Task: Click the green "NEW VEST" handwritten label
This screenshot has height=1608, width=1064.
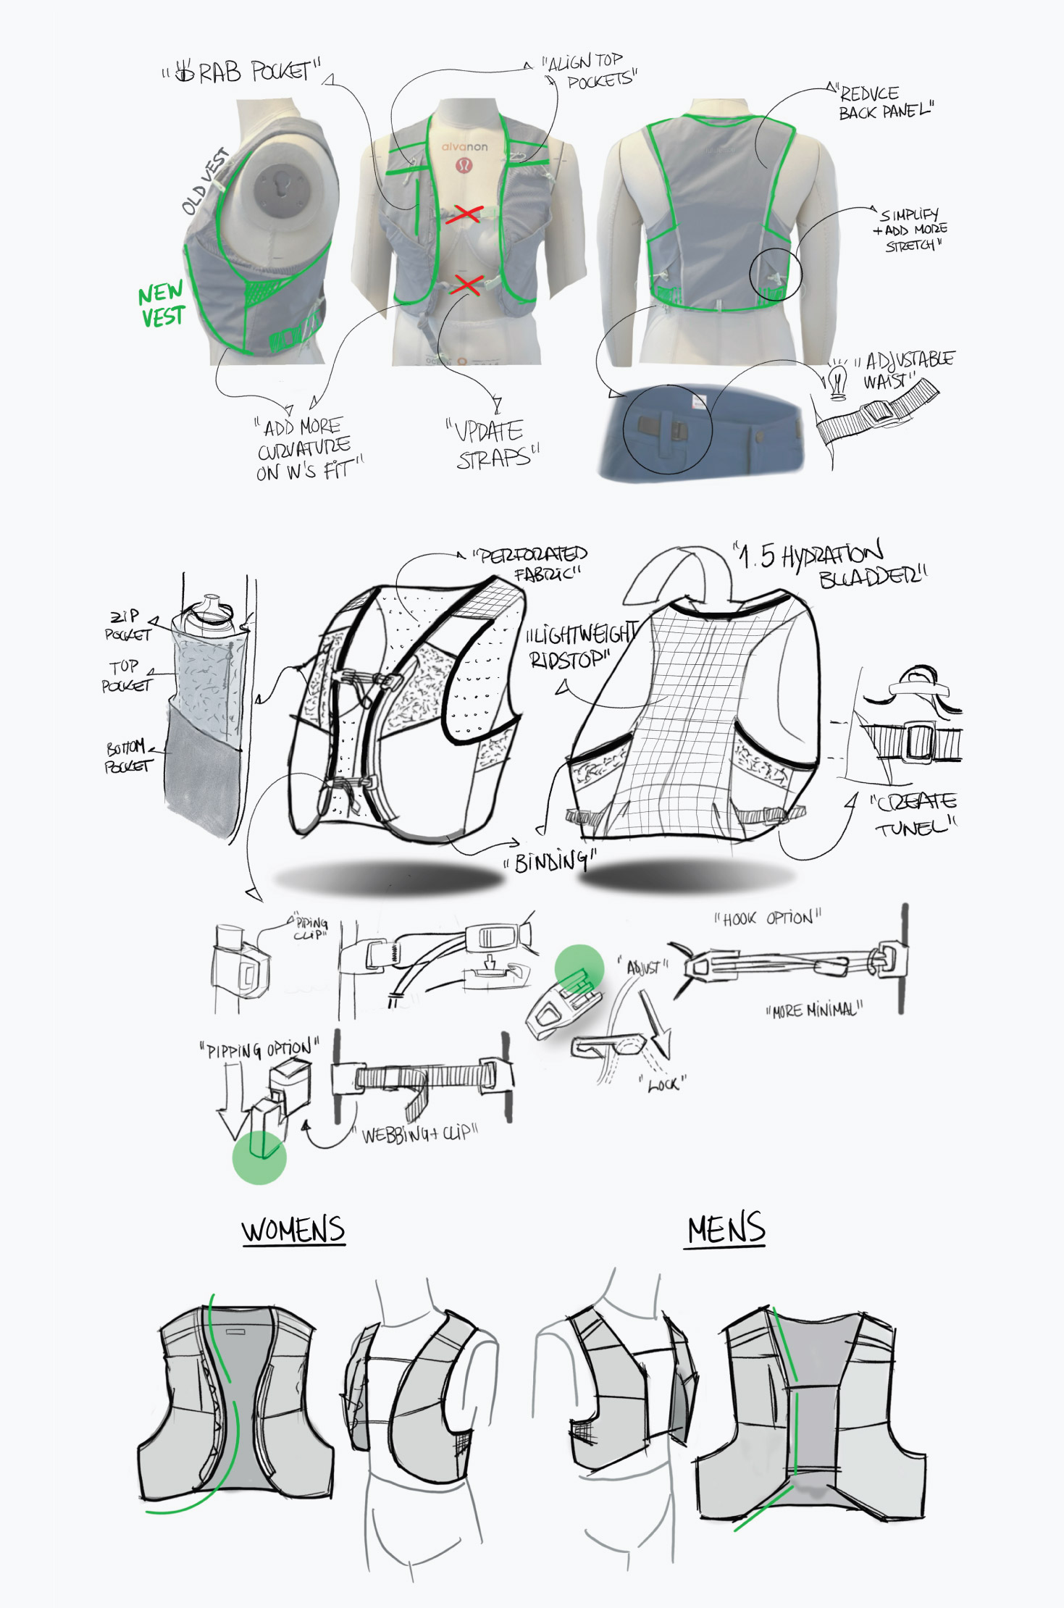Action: coord(162,305)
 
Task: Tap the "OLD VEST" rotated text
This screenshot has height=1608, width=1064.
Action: coord(204,182)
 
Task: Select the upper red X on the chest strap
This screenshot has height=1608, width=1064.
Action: coord(467,214)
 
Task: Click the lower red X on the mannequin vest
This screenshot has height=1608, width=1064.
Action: coord(466,285)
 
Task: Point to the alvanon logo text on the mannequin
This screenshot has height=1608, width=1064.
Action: coord(464,147)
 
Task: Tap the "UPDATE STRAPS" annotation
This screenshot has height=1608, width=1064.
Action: coord(493,444)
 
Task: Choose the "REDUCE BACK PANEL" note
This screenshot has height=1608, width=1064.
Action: coord(884,103)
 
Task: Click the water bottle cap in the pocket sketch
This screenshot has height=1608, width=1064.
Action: coord(209,604)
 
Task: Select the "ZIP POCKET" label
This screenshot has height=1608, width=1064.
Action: coord(127,625)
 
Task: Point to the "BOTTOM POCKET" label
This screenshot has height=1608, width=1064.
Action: coord(128,756)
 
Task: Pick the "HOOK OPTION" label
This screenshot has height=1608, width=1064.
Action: coord(768,918)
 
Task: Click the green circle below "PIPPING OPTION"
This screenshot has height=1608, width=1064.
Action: coord(259,1157)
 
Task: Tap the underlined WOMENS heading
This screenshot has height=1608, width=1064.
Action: coord(293,1230)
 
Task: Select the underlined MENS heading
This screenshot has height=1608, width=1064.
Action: coord(726,1230)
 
